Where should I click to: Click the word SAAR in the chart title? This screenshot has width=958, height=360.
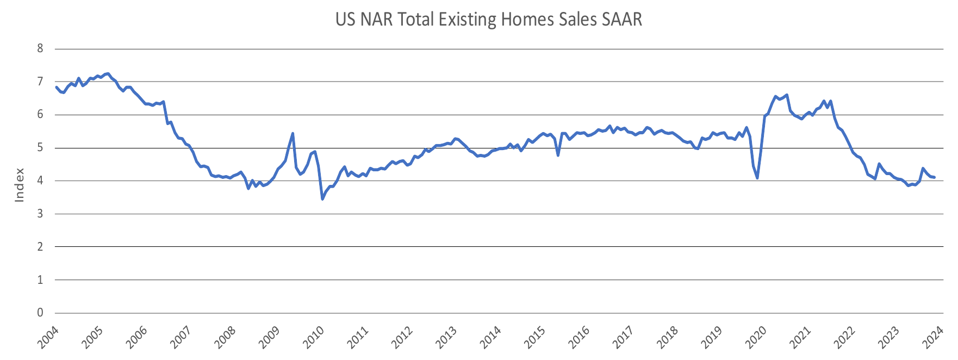coord(622,20)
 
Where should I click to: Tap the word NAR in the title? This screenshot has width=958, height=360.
coord(377,20)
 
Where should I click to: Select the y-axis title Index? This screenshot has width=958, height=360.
coord(20,185)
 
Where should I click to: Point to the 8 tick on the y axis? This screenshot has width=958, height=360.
coord(40,48)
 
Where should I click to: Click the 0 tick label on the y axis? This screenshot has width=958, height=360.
coord(40,313)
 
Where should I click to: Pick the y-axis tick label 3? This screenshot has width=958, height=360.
coord(40,214)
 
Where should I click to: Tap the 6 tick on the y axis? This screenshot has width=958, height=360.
coord(40,115)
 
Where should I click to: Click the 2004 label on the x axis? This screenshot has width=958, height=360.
coord(48,337)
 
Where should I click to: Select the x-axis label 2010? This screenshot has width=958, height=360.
coord(314,337)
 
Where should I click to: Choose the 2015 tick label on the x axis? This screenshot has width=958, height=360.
coord(535,337)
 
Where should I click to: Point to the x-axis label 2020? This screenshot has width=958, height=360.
coord(756,337)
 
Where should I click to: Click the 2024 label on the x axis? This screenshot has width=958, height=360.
coord(932,337)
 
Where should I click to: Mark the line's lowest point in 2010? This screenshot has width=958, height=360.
coord(322,199)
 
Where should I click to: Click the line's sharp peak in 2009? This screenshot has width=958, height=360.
coord(293,133)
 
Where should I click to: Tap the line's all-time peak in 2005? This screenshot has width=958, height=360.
coord(108,73)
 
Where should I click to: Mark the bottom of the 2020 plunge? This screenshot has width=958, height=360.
coord(757,178)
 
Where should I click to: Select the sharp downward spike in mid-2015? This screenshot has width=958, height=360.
coord(558,155)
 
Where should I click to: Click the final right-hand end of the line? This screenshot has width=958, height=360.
coord(934,177)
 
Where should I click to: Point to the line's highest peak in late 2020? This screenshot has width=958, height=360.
coord(787,95)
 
